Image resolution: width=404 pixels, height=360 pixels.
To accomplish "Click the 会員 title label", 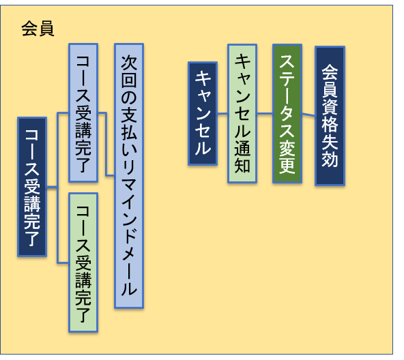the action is tap(38, 29).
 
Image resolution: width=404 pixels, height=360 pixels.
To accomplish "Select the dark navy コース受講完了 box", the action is tap(32, 187).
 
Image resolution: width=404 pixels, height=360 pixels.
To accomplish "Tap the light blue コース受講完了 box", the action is tap(83, 112).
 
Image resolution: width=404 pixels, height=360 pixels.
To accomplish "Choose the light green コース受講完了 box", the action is tap(83, 262).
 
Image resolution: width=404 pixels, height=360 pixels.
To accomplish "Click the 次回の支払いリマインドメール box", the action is tap(129, 176).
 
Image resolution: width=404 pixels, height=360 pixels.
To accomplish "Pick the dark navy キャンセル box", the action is tap(203, 113).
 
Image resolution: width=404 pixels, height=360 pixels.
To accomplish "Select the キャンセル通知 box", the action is tap(242, 114).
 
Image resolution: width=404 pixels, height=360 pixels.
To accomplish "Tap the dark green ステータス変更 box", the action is tap(287, 114).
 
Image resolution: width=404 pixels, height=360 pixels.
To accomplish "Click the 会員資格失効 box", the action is tap(330, 116).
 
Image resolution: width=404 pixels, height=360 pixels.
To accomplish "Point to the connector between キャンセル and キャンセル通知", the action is tap(222, 113).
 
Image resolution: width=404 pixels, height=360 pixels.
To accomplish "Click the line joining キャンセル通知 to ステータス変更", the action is tap(265, 113).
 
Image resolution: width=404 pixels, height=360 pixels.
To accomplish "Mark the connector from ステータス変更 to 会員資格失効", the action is tap(308, 115).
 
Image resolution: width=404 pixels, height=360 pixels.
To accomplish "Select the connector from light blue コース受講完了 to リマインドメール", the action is tap(106, 145).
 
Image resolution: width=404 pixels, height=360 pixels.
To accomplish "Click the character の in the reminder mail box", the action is tap(129, 97).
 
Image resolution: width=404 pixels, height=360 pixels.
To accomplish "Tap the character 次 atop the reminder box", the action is tap(129, 62).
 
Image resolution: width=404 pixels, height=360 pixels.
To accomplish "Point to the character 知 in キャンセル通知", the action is tap(242, 165).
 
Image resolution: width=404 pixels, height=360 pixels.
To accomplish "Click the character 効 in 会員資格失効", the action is tap(330, 159).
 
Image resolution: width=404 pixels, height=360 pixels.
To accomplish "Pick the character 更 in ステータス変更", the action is tap(287, 166).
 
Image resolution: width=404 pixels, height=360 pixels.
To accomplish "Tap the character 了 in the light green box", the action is tap(83, 315).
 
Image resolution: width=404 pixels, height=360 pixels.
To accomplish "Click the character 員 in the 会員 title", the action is tap(46, 29).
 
